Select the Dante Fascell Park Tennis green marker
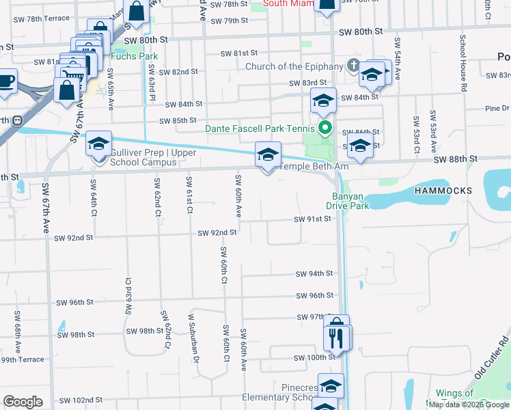326,127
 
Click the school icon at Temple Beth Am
268,154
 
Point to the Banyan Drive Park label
346,201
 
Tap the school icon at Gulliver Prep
98,144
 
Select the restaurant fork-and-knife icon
336,337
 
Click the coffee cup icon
6,80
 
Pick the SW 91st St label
312,219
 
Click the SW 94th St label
314,274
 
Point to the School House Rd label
462,64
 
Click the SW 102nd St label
81,400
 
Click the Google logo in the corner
23,402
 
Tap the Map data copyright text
469,405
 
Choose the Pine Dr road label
497,108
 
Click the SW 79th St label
229,20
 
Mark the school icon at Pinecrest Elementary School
331,386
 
